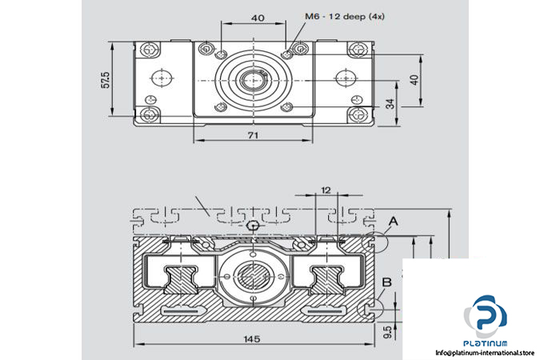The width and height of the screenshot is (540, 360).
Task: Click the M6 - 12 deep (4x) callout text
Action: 344,16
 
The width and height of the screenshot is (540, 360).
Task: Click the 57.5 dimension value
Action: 106,79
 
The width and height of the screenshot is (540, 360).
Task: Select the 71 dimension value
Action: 253,135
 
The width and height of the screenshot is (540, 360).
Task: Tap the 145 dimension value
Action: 252,339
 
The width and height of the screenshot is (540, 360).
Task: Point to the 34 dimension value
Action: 390,103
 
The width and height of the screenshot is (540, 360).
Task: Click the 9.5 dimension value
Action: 387,332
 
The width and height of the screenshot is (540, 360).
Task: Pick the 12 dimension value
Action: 326,190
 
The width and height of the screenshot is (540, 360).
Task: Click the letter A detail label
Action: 393,221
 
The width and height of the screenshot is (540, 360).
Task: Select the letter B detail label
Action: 387,282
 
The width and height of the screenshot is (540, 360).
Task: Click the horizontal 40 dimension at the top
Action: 258,18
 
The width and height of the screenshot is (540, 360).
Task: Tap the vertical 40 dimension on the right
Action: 414,80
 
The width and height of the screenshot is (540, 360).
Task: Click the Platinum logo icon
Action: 486,317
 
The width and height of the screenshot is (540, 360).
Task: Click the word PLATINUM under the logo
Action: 486,343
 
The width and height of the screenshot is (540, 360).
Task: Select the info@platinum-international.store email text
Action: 485,353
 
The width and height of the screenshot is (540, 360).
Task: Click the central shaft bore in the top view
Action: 253,80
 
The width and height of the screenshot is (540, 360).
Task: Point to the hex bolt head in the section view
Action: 253,226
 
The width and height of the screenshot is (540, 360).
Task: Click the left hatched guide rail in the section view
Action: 180,280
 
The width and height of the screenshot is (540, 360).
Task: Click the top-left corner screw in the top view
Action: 150,50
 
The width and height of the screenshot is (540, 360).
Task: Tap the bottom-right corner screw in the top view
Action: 358,114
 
